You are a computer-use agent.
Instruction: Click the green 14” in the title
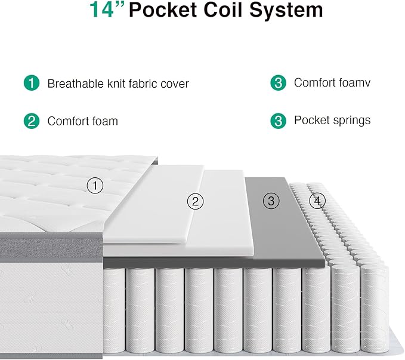click(107, 10)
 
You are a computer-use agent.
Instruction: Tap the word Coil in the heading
click(232, 10)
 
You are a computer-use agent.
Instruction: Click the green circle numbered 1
click(32, 83)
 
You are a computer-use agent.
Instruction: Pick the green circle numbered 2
click(32, 121)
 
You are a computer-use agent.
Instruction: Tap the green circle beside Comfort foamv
click(278, 82)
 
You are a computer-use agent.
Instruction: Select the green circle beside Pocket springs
click(278, 121)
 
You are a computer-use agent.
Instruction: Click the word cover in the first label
click(175, 84)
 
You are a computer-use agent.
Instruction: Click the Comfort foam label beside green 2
click(82, 121)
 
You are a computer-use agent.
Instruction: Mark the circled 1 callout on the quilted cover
click(95, 186)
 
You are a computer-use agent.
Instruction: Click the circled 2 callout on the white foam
click(196, 201)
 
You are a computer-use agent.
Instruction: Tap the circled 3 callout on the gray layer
click(271, 201)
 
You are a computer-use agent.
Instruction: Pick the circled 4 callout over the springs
click(317, 201)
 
